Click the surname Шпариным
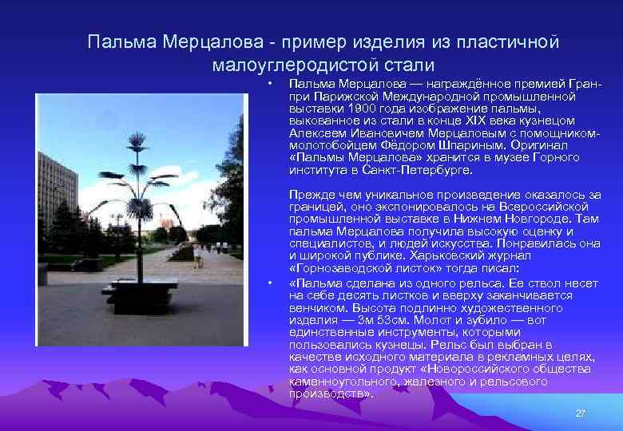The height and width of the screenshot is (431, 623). point(458,145)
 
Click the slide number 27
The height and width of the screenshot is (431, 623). point(581,413)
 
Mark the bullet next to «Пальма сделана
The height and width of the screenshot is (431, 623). point(272,282)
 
